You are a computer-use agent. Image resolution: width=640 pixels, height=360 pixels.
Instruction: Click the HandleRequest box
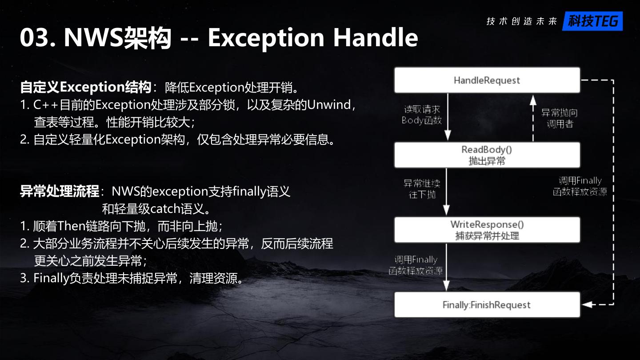pyautogui.click(x=487, y=80)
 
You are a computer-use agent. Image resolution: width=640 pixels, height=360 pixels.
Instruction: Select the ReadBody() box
pyautogui.click(x=487, y=155)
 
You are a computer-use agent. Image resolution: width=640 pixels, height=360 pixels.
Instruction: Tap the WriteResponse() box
pyautogui.click(x=487, y=230)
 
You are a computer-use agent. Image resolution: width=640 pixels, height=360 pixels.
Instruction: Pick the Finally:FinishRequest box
pyautogui.click(x=487, y=305)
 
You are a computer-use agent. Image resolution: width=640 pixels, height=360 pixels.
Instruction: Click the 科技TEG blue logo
pyautogui.click(x=592, y=21)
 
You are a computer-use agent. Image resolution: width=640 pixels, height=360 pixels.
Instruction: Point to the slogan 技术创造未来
pyautogui.click(x=522, y=21)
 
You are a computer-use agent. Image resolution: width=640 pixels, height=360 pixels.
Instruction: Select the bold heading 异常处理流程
pyautogui.click(x=60, y=192)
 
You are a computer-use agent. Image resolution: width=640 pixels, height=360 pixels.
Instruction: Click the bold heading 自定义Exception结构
pyautogui.click(x=86, y=87)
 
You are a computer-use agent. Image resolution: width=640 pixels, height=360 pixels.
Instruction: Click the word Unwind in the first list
pyautogui.click(x=329, y=105)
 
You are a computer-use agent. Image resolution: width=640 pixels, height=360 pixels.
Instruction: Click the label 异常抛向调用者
pyautogui.click(x=560, y=118)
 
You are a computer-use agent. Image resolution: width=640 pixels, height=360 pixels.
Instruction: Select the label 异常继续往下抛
pyautogui.click(x=422, y=189)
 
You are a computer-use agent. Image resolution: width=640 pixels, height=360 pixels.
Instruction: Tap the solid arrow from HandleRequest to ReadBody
pyautogui.click(x=448, y=118)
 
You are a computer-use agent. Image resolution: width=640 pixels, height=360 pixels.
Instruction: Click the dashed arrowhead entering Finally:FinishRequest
pyautogui.click(x=587, y=305)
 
